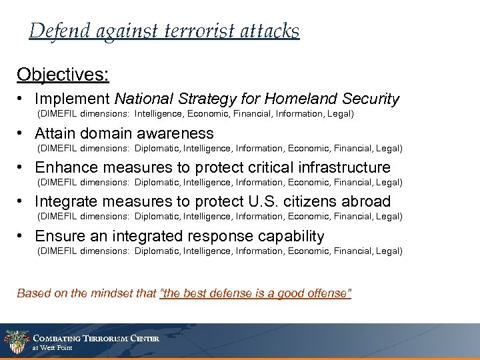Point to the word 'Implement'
click(73, 100)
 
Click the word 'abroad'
click(367, 202)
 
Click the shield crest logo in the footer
click(15, 342)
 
